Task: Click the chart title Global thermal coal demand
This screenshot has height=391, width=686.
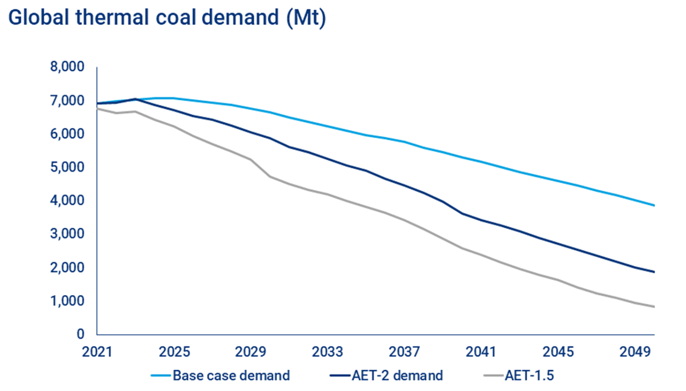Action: (167, 18)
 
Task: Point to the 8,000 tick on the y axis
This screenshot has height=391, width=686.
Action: (67, 67)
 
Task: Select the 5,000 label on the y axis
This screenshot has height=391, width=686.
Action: (67, 167)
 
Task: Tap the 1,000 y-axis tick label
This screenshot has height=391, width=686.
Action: (67, 301)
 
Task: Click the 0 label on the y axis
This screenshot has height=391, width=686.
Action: (80, 334)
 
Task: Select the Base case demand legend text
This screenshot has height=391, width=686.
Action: (231, 375)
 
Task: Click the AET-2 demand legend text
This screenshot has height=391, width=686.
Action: (397, 375)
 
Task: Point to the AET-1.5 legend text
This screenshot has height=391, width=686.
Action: (529, 375)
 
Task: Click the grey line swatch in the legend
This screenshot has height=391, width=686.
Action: (494, 375)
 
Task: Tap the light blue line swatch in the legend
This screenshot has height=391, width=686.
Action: (161, 375)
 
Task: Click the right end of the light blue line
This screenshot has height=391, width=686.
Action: (654, 205)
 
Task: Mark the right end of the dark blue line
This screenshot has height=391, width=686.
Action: (654, 272)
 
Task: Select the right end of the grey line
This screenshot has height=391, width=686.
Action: (654, 307)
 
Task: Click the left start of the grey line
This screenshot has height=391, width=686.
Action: (97, 109)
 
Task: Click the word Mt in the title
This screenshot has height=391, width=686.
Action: (306, 18)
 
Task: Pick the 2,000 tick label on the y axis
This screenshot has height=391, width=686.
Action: (67, 268)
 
